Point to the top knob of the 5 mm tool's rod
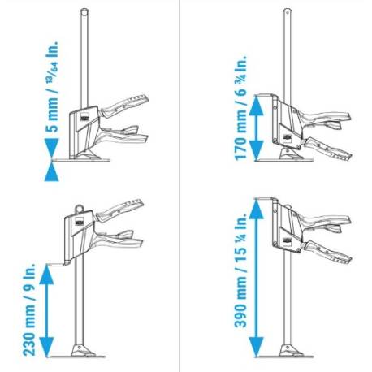coord(84,11)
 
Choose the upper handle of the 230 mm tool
coord(122,205)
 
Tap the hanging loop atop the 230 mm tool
coord(80,208)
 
